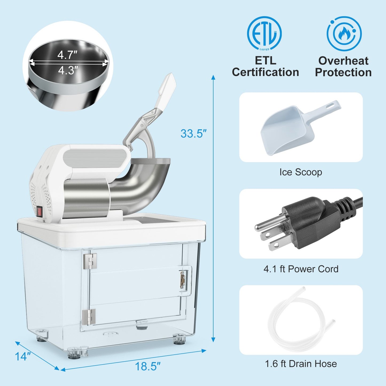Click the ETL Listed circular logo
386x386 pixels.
tap(264, 33)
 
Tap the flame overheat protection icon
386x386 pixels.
tap(344, 33)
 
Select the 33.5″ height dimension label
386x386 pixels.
tap(194, 133)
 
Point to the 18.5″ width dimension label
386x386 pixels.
tap(147, 366)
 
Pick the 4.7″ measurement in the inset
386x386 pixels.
tap(67, 55)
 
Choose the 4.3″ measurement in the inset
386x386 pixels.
tap(68, 71)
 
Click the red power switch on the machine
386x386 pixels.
tap(40, 212)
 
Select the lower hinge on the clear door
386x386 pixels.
tap(89, 317)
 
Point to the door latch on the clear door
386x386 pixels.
tap(183, 280)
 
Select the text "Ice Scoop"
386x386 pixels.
tap(301, 172)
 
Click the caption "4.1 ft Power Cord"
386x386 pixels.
tap(301, 269)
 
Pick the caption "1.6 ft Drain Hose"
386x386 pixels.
tap(301, 364)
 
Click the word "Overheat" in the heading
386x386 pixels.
tap(343, 61)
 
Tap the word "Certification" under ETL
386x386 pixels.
tap(265, 72)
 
